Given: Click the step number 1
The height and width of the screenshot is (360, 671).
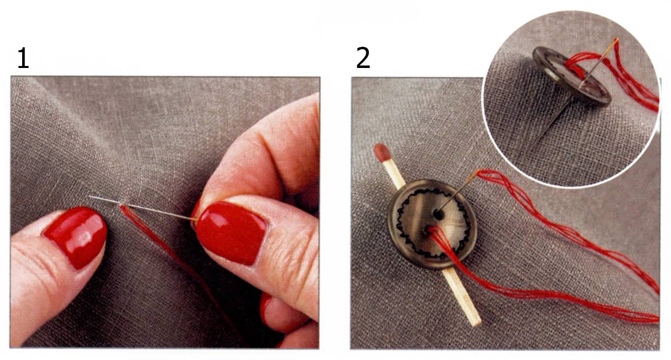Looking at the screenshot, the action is pyautogui.click(x=23, y=58).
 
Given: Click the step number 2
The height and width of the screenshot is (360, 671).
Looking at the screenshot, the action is pyautogui.click(x=363, y=58).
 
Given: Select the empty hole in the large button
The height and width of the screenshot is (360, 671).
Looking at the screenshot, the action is pyautogui.click(x=439, y=215).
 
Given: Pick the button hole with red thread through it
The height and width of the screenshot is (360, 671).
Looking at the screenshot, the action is pyautogui.click(x=428, y=231).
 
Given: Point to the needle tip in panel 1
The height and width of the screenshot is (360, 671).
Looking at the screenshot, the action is pyautogui.click(x=90, y=196).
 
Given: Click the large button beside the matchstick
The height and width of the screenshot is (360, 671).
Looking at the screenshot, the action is pyautogui.click(x=433, y=224).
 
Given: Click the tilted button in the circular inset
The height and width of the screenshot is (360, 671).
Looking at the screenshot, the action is pyautogui.click(x=571, y=75).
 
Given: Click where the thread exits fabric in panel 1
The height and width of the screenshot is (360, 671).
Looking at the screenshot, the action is pyautogui.click(x=122, y=206).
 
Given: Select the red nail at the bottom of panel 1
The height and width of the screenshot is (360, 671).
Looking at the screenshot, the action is pyautogui.click(x=265, y=309).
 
